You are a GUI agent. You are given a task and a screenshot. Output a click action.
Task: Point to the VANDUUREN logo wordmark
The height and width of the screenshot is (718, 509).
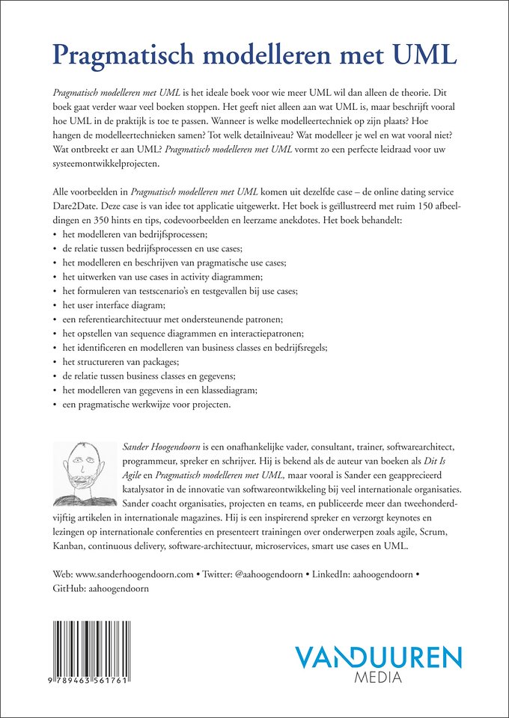(378, 657)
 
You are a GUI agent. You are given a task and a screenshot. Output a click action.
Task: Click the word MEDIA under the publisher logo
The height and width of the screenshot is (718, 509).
(379, 678)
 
